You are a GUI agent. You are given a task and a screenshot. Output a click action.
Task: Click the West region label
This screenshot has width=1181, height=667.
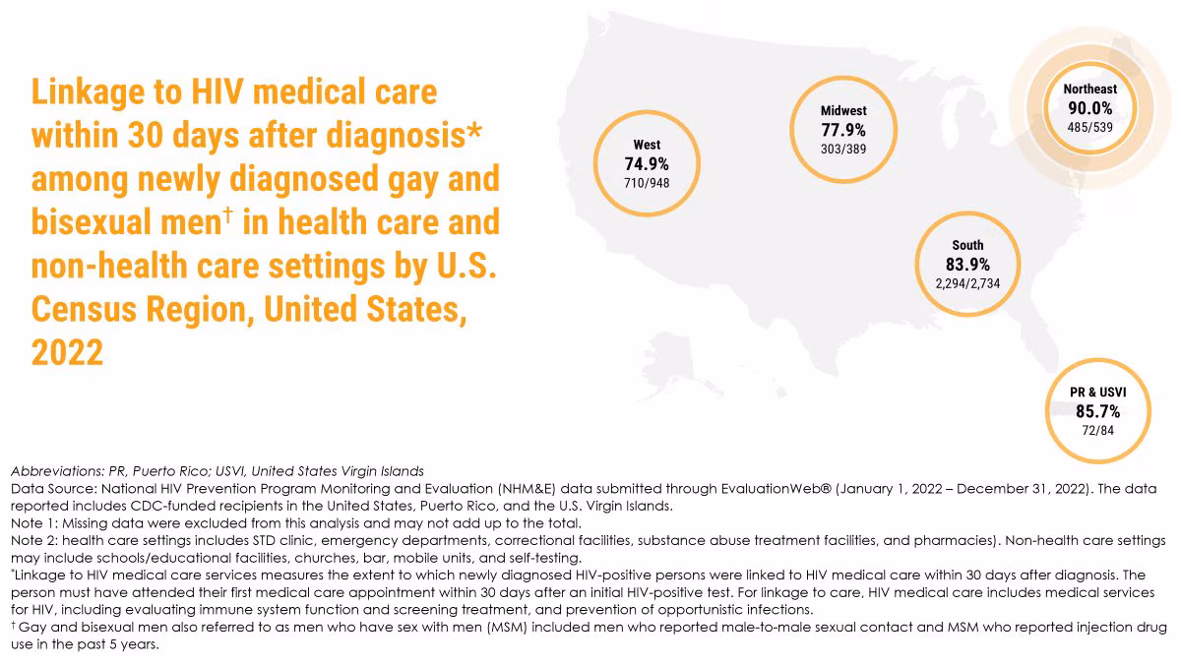[647, 145]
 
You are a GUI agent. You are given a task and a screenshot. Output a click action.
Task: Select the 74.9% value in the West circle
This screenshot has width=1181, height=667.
[647, 164]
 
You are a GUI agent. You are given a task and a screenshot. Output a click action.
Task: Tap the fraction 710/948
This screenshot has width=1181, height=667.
[647, 183]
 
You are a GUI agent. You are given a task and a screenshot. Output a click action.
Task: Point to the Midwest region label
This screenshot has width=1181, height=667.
[843, 110]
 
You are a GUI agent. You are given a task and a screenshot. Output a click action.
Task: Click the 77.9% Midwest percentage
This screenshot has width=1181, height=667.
[843, 130]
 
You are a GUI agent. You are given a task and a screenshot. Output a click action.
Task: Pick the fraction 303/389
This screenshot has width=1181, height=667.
[843, 149]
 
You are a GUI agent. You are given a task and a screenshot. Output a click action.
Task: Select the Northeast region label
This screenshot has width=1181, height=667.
[1090, 89]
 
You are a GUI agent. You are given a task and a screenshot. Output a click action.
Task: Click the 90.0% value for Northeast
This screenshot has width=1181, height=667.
[1090, 108]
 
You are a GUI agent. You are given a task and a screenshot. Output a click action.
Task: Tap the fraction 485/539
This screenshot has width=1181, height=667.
[1090, 127]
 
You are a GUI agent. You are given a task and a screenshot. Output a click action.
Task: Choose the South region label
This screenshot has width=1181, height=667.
[967, 245]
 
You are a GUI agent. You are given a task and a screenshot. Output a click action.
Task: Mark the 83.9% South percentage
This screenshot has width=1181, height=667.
[967, 265]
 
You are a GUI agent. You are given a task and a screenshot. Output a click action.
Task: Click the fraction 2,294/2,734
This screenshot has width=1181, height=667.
[967, 283]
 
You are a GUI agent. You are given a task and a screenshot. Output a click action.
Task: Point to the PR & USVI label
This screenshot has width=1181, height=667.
[1098, 393]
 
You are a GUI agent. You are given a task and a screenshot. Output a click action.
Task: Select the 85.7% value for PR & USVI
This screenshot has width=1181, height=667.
[1098, 412]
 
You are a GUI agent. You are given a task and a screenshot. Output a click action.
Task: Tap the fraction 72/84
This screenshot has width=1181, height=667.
[1098, 431]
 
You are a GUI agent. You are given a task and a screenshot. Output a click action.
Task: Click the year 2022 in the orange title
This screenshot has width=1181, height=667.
[67, 351]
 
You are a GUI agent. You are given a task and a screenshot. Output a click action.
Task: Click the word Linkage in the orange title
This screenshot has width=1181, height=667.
[88, 92]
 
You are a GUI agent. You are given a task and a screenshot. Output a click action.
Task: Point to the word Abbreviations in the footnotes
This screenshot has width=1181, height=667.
[57, 471]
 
